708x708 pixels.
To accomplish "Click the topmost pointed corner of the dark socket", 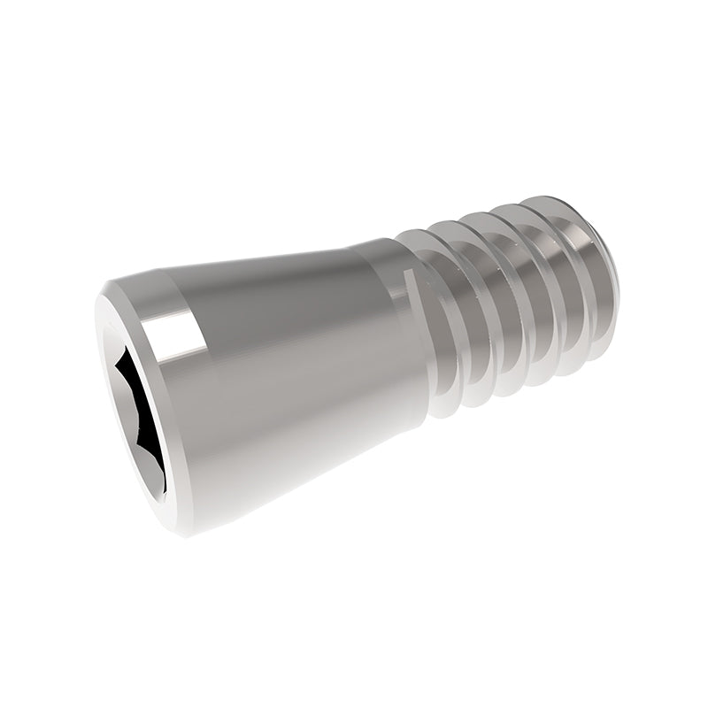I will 124,347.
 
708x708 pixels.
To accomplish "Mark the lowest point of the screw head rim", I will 177,534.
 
